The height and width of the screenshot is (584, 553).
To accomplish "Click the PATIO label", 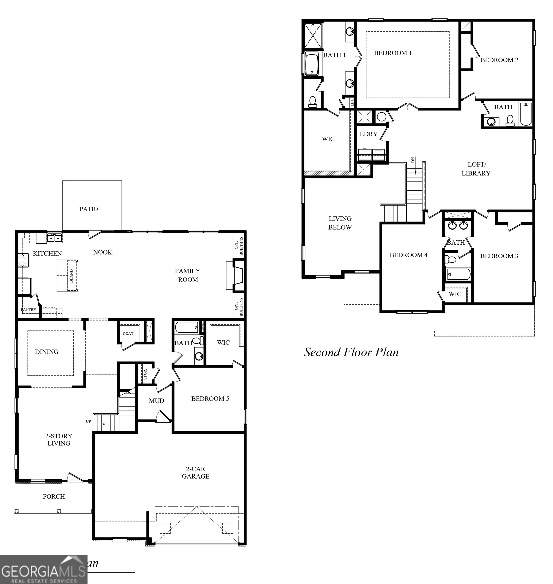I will (89, 209).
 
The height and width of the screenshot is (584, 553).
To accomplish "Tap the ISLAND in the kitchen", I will (68, 276).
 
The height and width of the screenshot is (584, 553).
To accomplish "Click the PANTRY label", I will (29, 309).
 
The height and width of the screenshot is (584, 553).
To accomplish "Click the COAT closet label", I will (128, 333).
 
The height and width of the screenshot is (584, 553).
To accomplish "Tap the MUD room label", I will (156, 400).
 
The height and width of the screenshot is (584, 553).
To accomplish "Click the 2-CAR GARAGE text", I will (195, 472).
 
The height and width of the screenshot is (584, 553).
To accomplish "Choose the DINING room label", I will (47, 351).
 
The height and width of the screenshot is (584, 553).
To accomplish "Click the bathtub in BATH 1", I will (312, 64).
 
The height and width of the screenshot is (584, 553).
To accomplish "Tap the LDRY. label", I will (369, 134).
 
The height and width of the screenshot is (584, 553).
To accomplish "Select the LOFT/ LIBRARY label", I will (476, 169).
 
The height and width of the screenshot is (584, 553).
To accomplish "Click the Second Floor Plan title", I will (351, 352).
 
